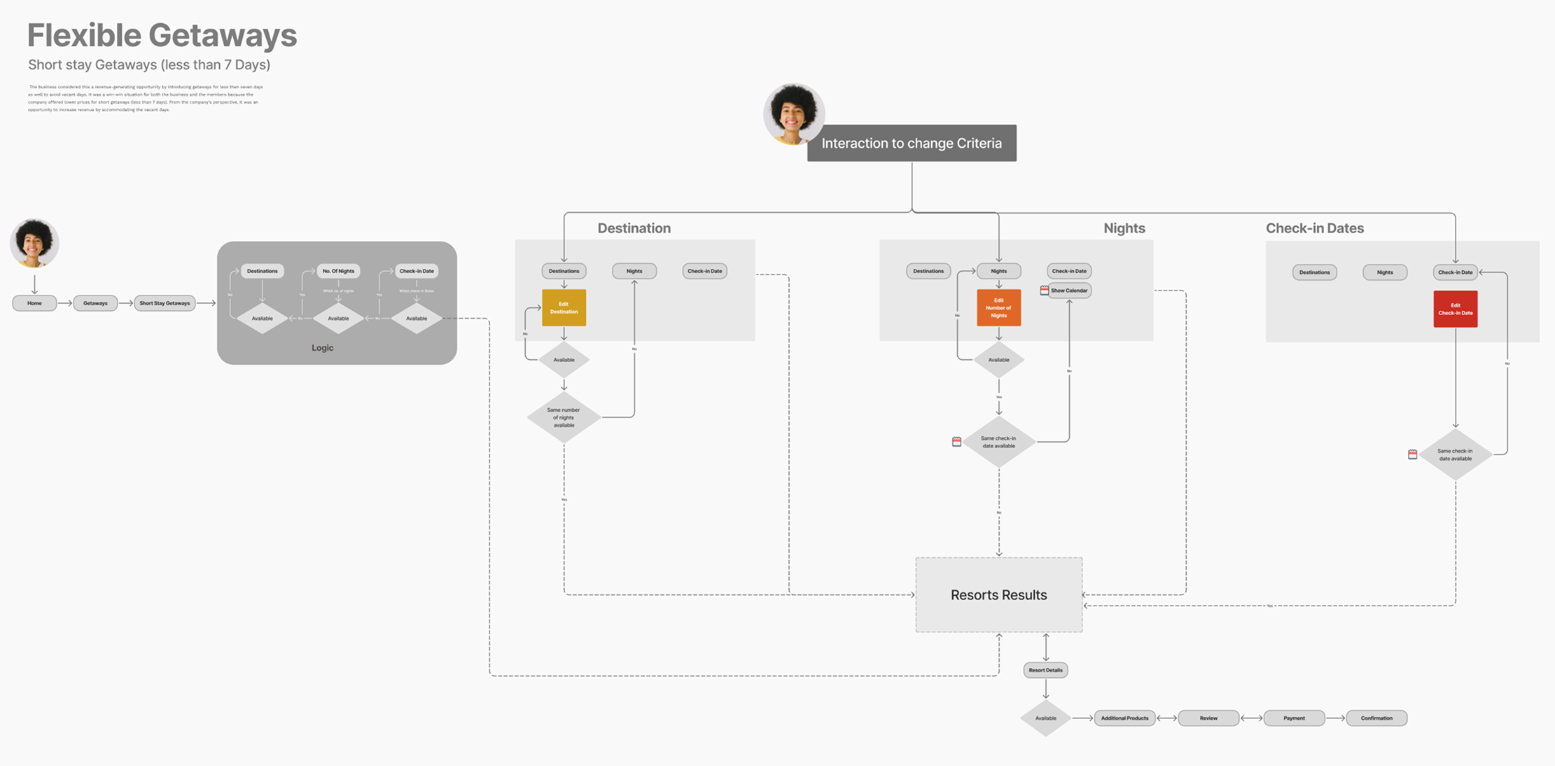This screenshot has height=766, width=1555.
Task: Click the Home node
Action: (34, 303)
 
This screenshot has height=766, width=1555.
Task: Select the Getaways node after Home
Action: (95, 303)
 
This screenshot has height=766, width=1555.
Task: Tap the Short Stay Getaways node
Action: (165, 303)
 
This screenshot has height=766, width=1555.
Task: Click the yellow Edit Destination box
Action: (564, 307)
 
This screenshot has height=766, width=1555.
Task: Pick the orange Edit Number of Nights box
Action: (998, 307)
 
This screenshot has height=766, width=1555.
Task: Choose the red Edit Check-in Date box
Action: (1455, 309)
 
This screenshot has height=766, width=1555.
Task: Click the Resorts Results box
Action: (998, 594)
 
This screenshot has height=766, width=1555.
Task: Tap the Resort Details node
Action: (1045, 670)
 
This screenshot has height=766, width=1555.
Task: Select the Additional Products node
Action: (1124, 718)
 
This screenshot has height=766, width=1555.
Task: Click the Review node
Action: (1208, 718)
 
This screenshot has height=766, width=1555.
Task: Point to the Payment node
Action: (1294, 718)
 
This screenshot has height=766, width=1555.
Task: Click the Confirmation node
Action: (1376, 718)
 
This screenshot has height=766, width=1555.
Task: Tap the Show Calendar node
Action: (1069, 291)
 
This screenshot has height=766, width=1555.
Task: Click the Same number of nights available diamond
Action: (564, 417)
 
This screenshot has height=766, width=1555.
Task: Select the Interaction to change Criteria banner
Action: (912, 143)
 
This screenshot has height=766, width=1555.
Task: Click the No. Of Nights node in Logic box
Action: (338, 271)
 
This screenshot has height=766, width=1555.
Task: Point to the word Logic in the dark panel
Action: (322, 348)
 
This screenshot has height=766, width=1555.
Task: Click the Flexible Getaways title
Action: (162, 35)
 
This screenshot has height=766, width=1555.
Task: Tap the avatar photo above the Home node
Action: (34, 243)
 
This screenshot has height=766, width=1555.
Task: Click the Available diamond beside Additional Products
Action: (1045, 718)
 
